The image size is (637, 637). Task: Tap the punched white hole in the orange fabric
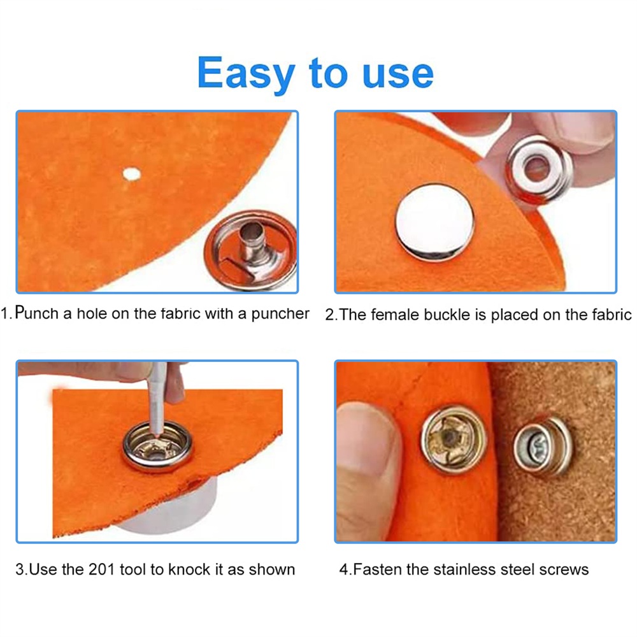click(x=131, y=175)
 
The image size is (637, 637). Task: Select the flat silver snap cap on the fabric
click(x=434, y=222)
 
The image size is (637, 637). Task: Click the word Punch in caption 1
click(x=37, y=313)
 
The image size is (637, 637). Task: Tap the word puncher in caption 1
click(x=280, y=314)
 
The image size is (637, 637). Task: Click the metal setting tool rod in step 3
click(x=157, y=397)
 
